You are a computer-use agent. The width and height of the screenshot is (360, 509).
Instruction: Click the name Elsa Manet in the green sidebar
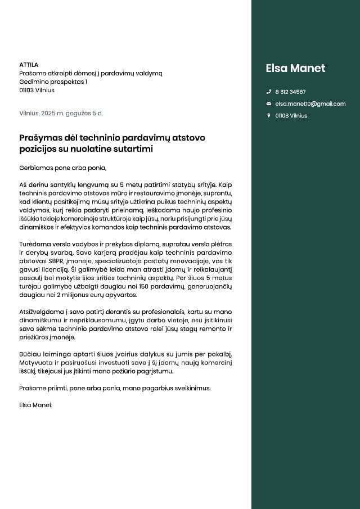pos(295,69)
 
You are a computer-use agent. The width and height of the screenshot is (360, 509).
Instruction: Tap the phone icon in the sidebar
pos(268,92)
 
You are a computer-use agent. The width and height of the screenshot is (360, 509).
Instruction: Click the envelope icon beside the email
pos(268,103)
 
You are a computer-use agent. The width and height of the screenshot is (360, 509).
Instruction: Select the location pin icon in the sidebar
pos(268,115)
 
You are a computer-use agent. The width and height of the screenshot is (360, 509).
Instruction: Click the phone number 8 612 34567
pos(290,92)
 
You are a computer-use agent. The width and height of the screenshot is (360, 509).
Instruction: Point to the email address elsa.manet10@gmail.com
pos(310,103)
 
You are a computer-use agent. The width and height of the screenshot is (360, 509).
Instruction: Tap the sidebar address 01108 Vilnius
pos(291,115)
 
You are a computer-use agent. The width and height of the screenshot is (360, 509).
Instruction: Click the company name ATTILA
pos(29,65)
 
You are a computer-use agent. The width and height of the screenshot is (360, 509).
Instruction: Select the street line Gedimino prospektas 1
pos(53,82)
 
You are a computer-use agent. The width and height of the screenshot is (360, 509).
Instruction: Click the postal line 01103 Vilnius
pos(37,90)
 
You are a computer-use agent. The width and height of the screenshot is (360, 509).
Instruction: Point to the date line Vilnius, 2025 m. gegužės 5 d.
pos(61,113)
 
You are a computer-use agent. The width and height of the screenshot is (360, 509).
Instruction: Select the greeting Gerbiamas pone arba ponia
pos(62,168)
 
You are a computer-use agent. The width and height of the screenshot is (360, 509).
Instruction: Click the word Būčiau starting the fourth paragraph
pos(29,354)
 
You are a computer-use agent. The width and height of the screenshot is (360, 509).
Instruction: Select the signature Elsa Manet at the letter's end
pos(35,405)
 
